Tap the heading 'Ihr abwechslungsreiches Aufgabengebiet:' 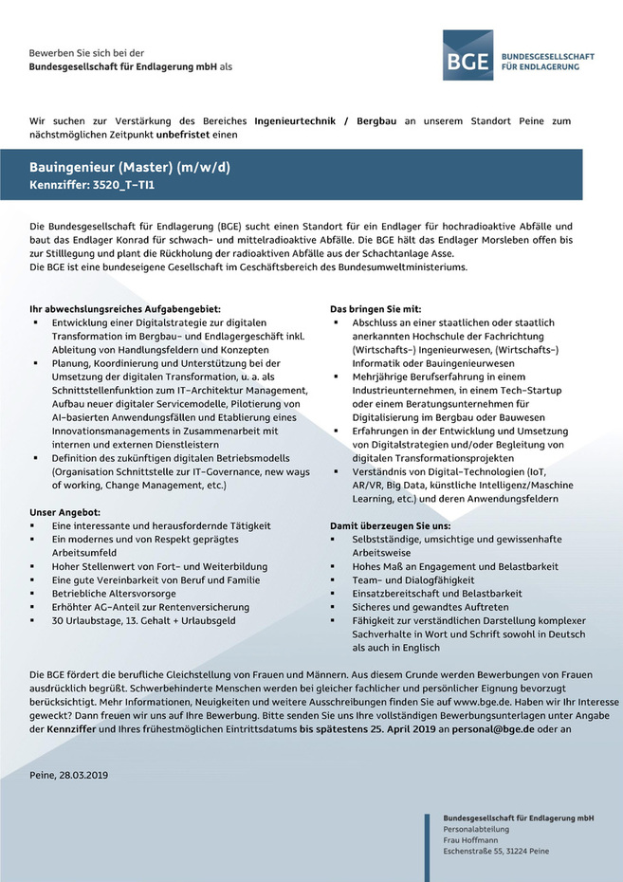[125, 309]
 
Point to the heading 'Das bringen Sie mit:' [381, 309]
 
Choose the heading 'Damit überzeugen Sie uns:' [390, 525]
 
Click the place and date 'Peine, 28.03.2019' [69, 775]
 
